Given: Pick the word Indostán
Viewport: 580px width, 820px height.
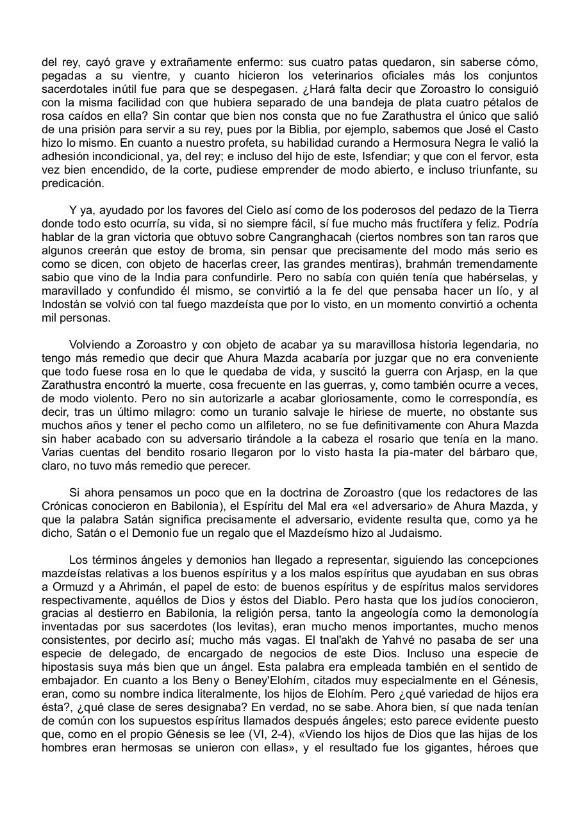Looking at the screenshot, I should click(x=69, y=305).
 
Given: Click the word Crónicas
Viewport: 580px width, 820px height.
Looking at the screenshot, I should click(x=65, y=507).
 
